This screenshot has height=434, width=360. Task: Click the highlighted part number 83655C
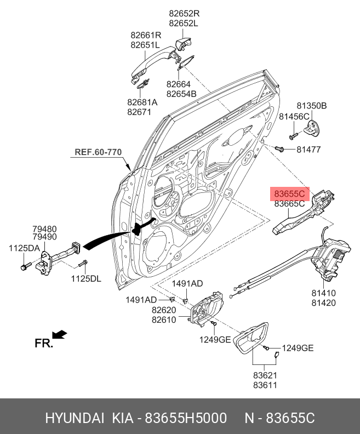289,193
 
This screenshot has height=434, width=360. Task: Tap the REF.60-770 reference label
98,152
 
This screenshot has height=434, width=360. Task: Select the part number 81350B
312,106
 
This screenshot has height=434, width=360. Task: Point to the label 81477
308,150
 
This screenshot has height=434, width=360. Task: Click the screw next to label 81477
279,149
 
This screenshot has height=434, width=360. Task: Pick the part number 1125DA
24,248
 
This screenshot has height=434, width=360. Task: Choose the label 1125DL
86,278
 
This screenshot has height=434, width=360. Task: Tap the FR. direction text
44,343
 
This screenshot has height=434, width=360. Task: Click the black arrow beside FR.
60,335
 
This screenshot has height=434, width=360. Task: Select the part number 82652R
184,14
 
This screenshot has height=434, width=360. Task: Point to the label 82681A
142,102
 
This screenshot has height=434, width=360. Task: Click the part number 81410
323,293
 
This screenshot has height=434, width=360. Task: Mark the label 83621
265,375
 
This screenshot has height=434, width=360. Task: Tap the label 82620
164,310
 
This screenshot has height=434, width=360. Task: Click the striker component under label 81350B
311,127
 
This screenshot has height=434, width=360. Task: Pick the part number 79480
44,229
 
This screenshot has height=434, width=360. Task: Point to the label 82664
179,84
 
